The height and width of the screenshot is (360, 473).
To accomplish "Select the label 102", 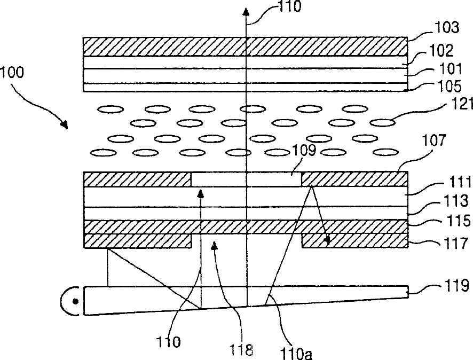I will click(441, 51).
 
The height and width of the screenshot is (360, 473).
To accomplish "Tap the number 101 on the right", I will click(440, 69).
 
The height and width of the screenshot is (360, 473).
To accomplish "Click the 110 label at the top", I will click(288, 7).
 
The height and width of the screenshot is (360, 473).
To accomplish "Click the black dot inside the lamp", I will click(76, 302).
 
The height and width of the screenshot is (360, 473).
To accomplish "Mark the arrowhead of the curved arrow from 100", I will click(65, 126).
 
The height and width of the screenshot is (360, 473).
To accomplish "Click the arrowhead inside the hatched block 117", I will click(325, 242).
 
